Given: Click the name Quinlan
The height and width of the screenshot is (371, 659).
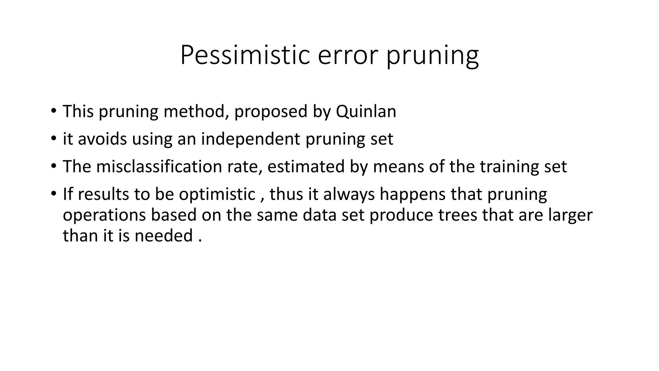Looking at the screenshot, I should (x=366, y=111).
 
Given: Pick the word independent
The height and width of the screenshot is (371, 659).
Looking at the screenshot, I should (x=250, y=139).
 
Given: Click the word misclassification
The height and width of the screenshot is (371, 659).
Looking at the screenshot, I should (x=159, y=167).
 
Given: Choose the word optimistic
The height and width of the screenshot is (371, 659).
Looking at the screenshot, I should (x=217, y=194).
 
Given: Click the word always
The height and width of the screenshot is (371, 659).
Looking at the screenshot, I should (x=349, y=195).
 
